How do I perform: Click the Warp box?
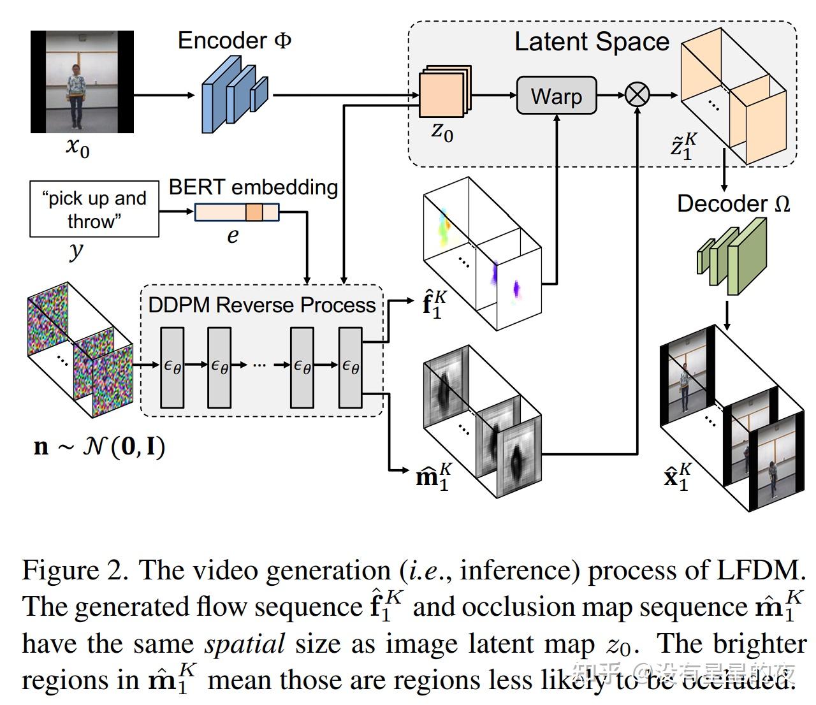coord(556,96)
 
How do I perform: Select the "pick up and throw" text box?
coord(94,209)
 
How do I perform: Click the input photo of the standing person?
coord(82,82)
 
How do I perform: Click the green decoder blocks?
coord(731,256)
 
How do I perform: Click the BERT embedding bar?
coord(237,212)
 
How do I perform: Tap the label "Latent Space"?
coord(592,42)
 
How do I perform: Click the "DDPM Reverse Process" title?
coord(261,305)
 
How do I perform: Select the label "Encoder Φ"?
coord(235,41)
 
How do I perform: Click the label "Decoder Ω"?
coord(733,203)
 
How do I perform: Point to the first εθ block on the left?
coord(172,367)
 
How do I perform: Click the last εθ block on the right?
coord(350,367)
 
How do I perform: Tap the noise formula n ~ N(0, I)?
coord(99,446)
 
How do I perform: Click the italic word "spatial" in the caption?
coord(244,644)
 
